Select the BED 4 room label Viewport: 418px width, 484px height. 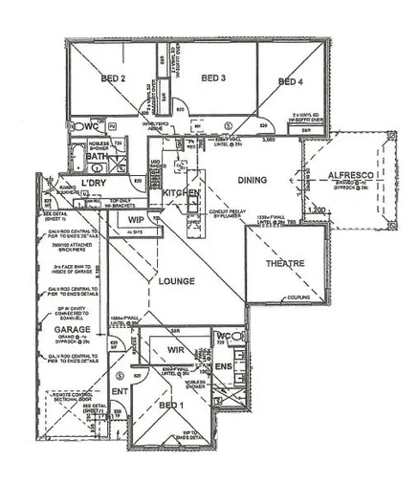click(290, 82)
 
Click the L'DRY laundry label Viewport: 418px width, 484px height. click(93, 182)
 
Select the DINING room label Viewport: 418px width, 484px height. click(252, 179)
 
